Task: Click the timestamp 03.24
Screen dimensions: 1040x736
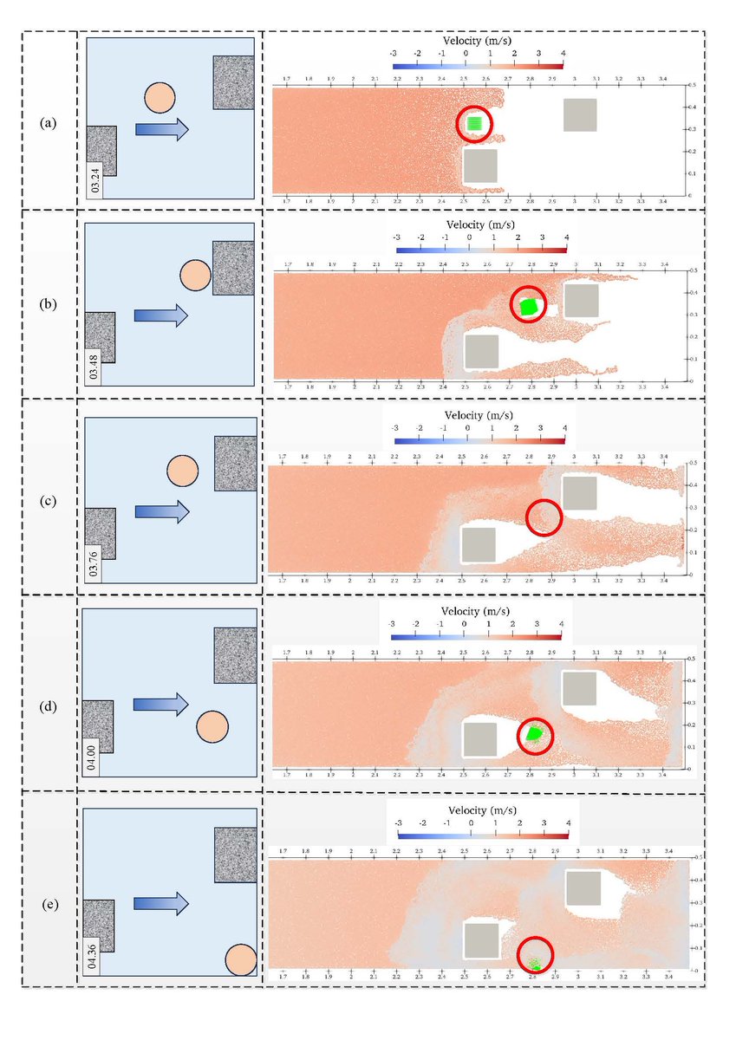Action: pos(94,180)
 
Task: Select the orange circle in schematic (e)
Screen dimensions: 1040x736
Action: pos(240,959)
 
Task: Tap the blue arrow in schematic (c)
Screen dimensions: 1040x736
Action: pos(161,511)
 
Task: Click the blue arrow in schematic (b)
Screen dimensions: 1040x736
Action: pos(160,315)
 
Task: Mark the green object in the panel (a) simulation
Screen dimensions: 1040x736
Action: pos(473,124)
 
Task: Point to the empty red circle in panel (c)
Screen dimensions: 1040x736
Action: pos(544,517)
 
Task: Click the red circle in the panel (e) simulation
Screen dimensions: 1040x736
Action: pos(535,954)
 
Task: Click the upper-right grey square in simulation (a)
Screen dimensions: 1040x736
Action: pos(579,114)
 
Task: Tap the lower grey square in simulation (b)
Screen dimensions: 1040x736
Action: pos(481,351)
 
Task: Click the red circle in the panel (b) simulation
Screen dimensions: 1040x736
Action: pos(528,305)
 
